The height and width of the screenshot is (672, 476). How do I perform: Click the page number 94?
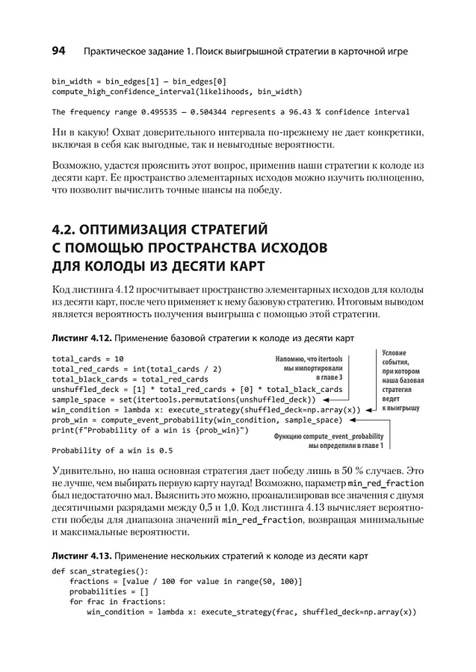[x=59, y=52]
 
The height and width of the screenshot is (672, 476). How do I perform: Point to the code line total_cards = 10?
[x=88, y=358]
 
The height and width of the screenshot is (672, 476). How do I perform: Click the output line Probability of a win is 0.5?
[x=112, y=450]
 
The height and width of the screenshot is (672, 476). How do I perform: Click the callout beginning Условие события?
[x=402, y=380]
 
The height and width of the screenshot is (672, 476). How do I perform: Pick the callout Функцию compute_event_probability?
[x=329, y=441]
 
